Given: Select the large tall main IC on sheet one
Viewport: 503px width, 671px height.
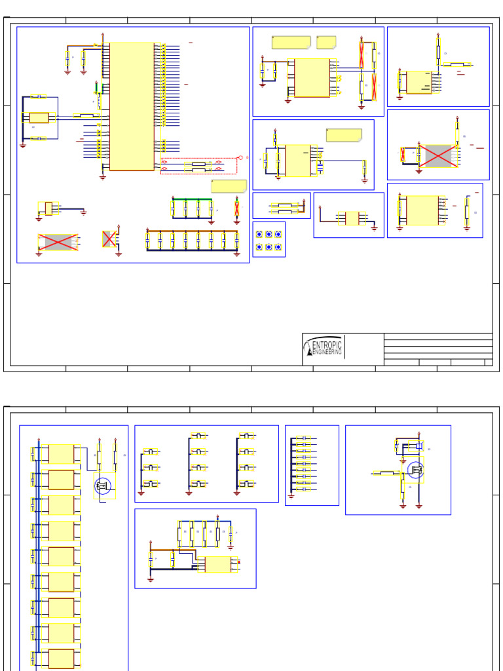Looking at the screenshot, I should point(132,106).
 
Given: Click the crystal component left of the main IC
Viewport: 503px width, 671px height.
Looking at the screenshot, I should point(39,118).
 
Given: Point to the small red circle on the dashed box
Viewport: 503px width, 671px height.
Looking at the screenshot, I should point(240,157).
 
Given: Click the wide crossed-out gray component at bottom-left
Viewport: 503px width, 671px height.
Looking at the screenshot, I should point(58,242).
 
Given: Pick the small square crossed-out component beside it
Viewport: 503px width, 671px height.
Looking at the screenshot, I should point(109,239).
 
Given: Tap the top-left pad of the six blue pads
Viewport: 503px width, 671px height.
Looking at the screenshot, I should point(259,234).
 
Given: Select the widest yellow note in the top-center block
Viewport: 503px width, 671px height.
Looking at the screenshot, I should point(291,43).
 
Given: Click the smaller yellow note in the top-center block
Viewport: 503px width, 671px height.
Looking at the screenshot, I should point(326,43).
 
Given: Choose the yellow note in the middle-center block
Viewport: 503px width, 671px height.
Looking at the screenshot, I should point(344,136).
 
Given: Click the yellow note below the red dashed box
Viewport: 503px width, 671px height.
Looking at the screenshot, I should point(229,186).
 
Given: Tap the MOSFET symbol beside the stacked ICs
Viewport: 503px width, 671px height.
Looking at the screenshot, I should point(103,486).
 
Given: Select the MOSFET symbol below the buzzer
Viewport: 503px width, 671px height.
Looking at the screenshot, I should point(415,470).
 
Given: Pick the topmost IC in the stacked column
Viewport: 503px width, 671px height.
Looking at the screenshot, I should point(61,454).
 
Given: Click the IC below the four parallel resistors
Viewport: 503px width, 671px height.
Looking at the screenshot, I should point(217,564).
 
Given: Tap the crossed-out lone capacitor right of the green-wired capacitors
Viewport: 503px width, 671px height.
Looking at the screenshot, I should point(237,209).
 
